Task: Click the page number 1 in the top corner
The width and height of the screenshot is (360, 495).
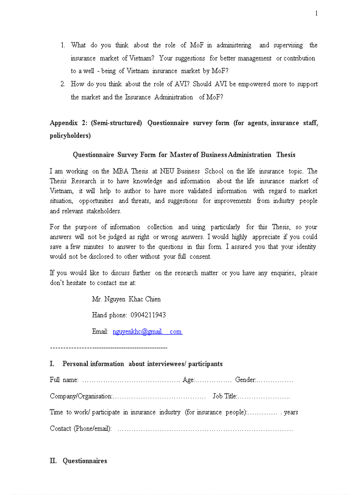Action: pos(316,14)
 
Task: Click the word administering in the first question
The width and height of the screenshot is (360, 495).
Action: pos(234,45)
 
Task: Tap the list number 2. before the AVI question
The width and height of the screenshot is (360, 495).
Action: pos(63,84)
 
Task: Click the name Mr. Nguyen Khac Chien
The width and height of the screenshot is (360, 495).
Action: pos(126,299)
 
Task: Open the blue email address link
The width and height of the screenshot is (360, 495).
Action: pos(147,332)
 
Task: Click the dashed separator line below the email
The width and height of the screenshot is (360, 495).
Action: pos(109,348)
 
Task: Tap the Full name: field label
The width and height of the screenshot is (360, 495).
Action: pos(64,380)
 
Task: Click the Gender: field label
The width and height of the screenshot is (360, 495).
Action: pos(245,380)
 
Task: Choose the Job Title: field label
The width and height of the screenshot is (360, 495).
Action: pos(225,396)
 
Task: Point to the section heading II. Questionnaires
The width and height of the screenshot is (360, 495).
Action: pos(79,461)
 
